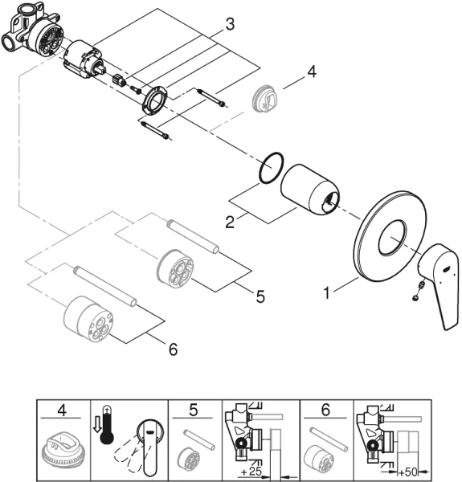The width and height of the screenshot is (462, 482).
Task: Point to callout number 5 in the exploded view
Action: (x=260, y=296)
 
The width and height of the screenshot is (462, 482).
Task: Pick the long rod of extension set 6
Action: (x=105, y=286)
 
